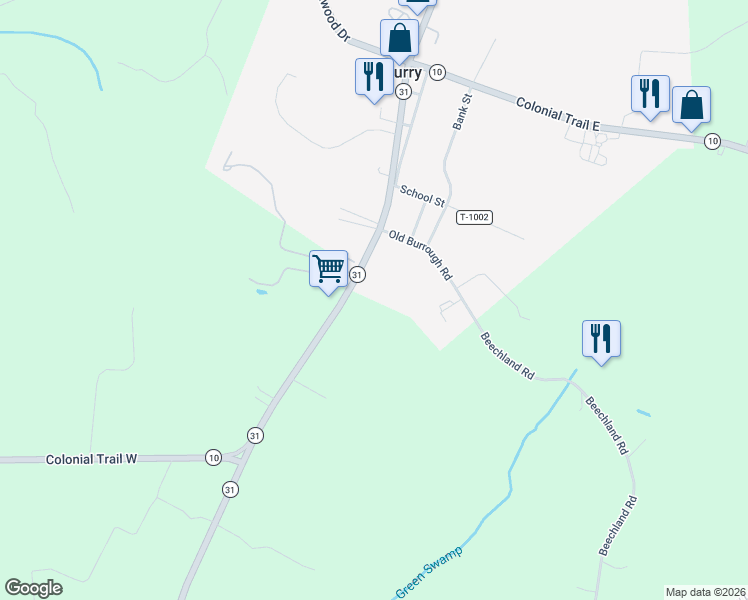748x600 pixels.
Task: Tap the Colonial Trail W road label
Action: click(x=91, y=459)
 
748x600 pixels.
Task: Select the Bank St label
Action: click(x=461, y=112)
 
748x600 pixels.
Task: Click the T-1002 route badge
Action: click(x=474, y=217)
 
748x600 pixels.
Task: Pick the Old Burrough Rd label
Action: click(x=421, y=255)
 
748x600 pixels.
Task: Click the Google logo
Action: click(x=34, y=588)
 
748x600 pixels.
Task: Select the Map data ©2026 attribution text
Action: click(x=706, y=592)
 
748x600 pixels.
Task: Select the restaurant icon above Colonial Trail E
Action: click(x=650, y=93)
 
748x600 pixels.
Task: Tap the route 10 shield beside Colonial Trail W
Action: click(x=213, y=457)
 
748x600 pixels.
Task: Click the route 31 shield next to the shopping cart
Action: click(x=357, y=274)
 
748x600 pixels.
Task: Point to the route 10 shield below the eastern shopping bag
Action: click(x=711, y=140)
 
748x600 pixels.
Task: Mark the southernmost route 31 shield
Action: click(x=231, y=489)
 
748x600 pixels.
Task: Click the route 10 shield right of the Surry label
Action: click(x=437, y=72)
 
